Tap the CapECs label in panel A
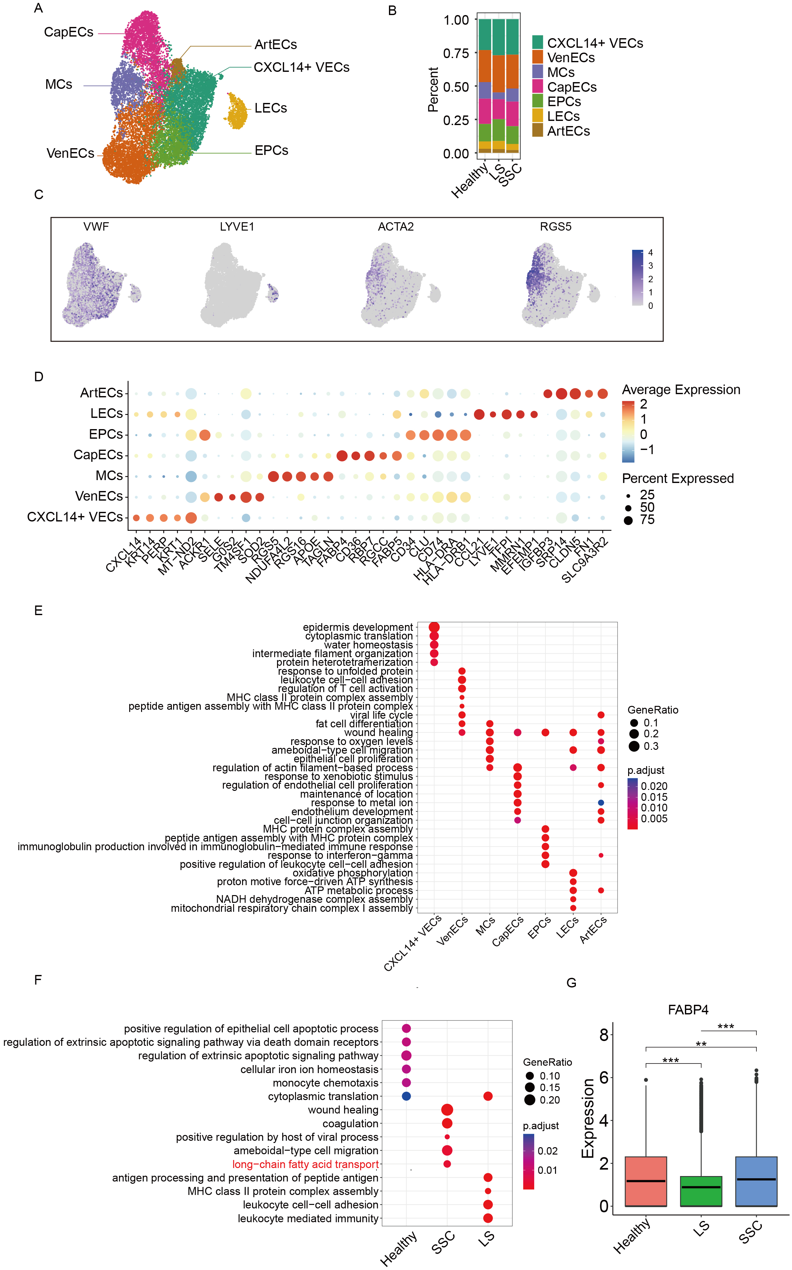pyautogui.click(x=69, y=32)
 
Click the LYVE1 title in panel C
pyautogui.click(x=237, y=226)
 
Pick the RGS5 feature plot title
pyautogui.click(x=555, y=226)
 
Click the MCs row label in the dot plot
pyautogui.click(x=109, y=475)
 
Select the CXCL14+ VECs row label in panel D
pyautogui.click(x=75, y=517)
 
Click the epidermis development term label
pyautogui.click(x=358, y=627)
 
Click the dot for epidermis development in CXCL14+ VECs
pyautogui.click(x=434, y=627)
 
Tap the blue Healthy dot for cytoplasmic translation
pyautogui.click(x=406, y=1096)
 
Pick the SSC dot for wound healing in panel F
pyautogui.click(x=447, y=1110)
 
